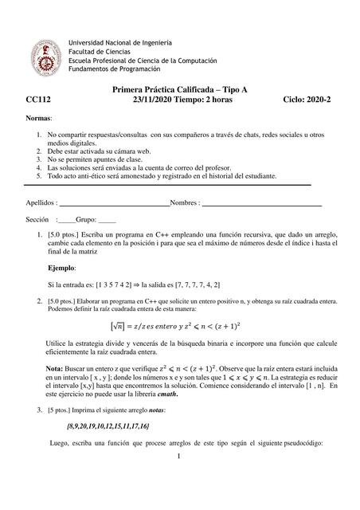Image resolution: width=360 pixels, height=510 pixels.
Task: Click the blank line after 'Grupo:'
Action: coord(107,218)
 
